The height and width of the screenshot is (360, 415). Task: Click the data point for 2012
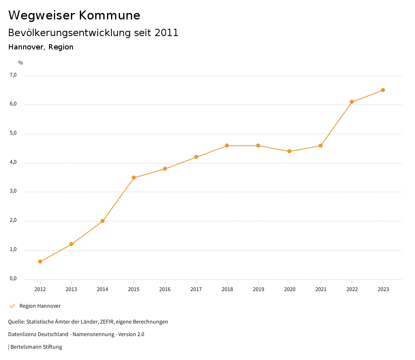point(40,261)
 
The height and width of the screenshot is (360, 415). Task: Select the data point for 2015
point(134,178)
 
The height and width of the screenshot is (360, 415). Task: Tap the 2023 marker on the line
point(383,90)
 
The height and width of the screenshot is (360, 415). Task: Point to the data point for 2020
point(289,151)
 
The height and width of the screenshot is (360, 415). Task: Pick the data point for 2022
point(352,102)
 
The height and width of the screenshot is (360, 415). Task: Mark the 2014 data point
point(103,221)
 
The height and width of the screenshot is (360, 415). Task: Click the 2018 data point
point(227,146)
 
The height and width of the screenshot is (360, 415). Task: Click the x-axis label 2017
point(196,289)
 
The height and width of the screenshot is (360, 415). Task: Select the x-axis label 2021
point(321,289)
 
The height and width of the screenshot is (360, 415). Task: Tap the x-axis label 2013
point(71,289)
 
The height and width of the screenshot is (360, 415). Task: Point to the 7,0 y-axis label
point(13,75)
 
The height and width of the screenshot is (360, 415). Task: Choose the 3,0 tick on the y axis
point(13,191)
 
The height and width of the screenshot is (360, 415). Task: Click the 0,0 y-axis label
point(13,279)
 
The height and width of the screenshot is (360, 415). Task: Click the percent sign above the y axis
point(20,63)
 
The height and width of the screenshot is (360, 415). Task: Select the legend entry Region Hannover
point(40,306)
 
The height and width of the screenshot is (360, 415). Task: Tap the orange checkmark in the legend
point(12,306)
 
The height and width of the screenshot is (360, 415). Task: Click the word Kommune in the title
point(109,15)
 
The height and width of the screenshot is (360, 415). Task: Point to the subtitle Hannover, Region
point(41,47)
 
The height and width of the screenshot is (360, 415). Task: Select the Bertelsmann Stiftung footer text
point(36,347)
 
